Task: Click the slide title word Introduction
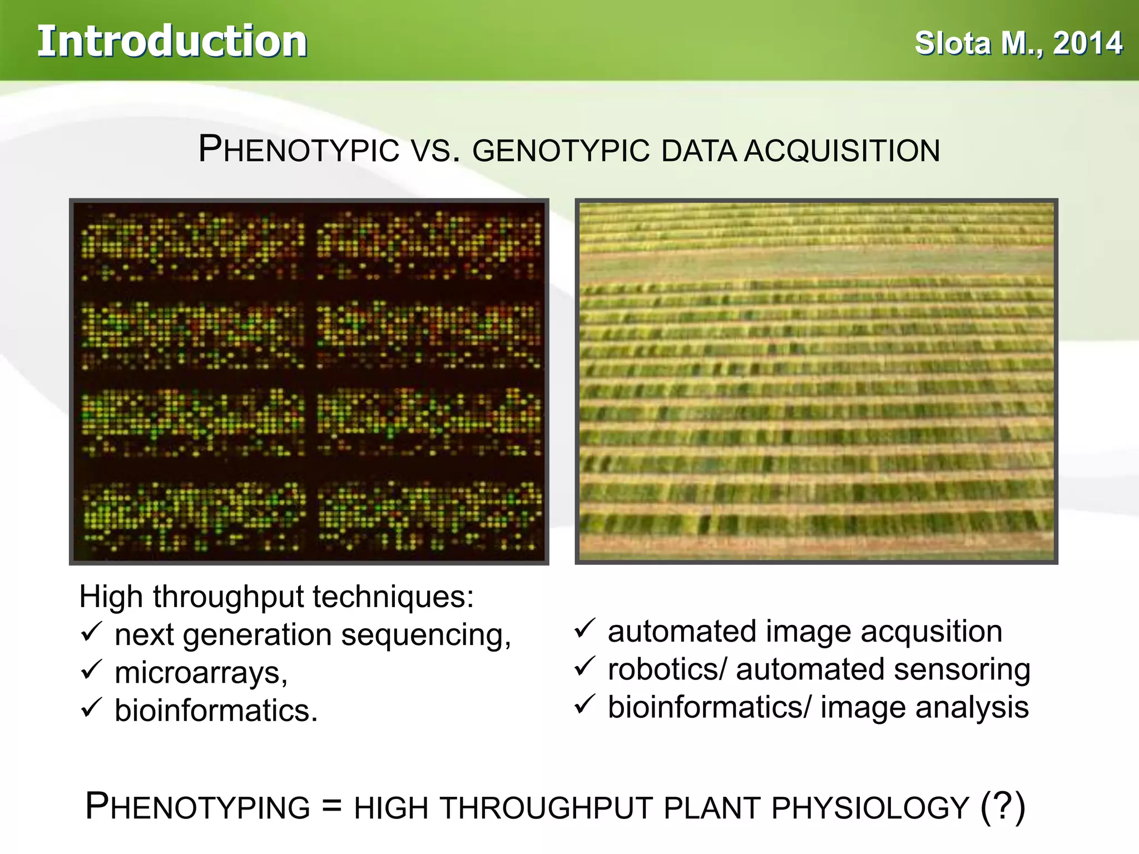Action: pyautogui.click(x=172, y=42)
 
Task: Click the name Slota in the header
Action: pyautogui.click(x=953, y=43)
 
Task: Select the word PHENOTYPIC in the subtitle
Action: pyautogui.click(x=299, y=150)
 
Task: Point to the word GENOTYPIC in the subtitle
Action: pyautogui.click(x=561, y=151)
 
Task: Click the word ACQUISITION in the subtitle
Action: pyautogui.click(x=842, y=151)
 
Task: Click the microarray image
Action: pyautogui.click(x=309, y=381)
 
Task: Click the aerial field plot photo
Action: pyautogui.click(x=816, y=381)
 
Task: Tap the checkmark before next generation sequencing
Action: pyautogui.click(x=91, y=632)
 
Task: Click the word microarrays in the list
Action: pyautogui.click(x=200, y=672)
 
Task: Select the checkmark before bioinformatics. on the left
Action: pyautogui.click(x=91, y=708)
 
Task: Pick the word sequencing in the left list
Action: pyautogui.click(x=425, y=635)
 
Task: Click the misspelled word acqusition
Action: pyautogui.click(x=932, y=632)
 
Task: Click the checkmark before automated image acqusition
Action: pyautogui.click(x=585, y=628)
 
